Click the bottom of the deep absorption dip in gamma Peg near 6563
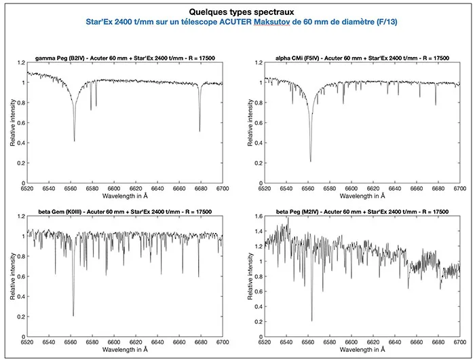pos(74,141)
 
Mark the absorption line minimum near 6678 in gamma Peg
pos(199,131)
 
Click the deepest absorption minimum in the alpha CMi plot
pos(311,162)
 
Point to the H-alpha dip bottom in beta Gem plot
pos(73,315)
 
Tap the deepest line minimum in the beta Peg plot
pos(311,321)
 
